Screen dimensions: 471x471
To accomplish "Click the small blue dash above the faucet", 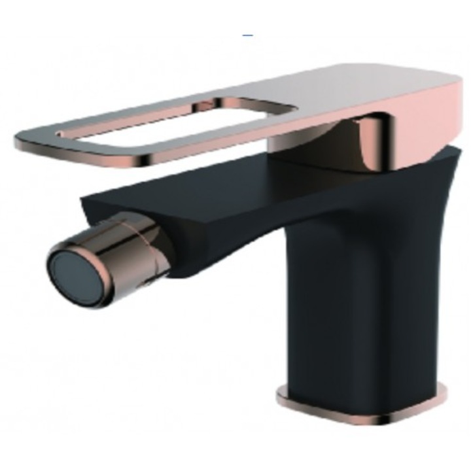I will (x=247, y=34).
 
